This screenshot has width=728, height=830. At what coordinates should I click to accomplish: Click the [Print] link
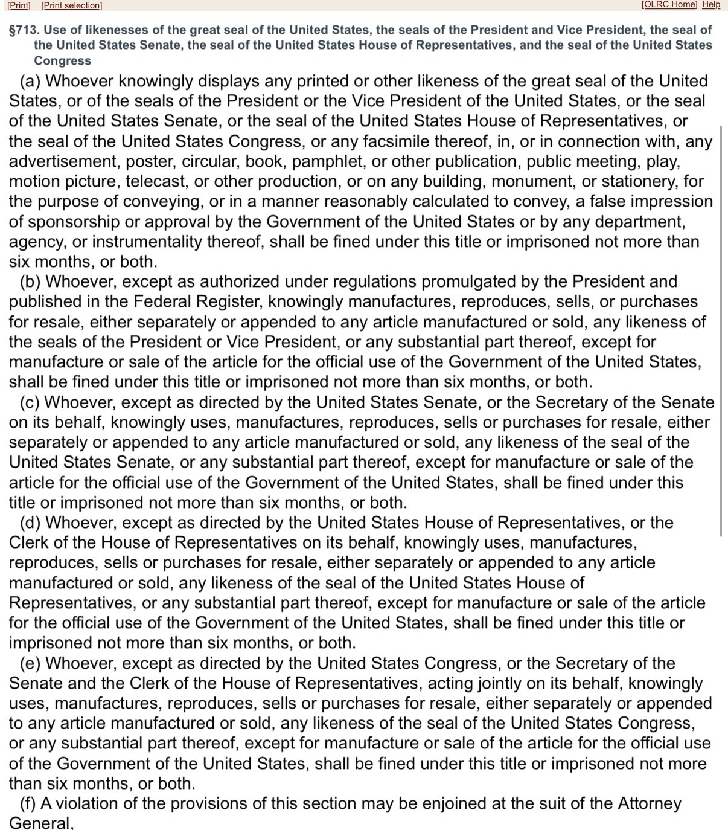19,5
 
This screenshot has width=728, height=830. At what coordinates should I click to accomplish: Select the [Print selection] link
72,5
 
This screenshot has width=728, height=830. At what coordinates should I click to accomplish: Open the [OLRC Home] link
669,5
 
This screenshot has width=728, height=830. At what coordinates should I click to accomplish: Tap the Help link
711,5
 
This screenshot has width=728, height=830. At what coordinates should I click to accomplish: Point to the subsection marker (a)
31,81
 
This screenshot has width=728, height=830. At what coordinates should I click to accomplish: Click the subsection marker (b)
31,281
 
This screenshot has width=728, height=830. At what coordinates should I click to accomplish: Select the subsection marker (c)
30,402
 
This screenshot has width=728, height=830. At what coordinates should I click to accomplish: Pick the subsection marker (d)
31,523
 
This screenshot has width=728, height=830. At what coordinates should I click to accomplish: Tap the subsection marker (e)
31,663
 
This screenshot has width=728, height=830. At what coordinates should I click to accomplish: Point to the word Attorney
650,803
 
